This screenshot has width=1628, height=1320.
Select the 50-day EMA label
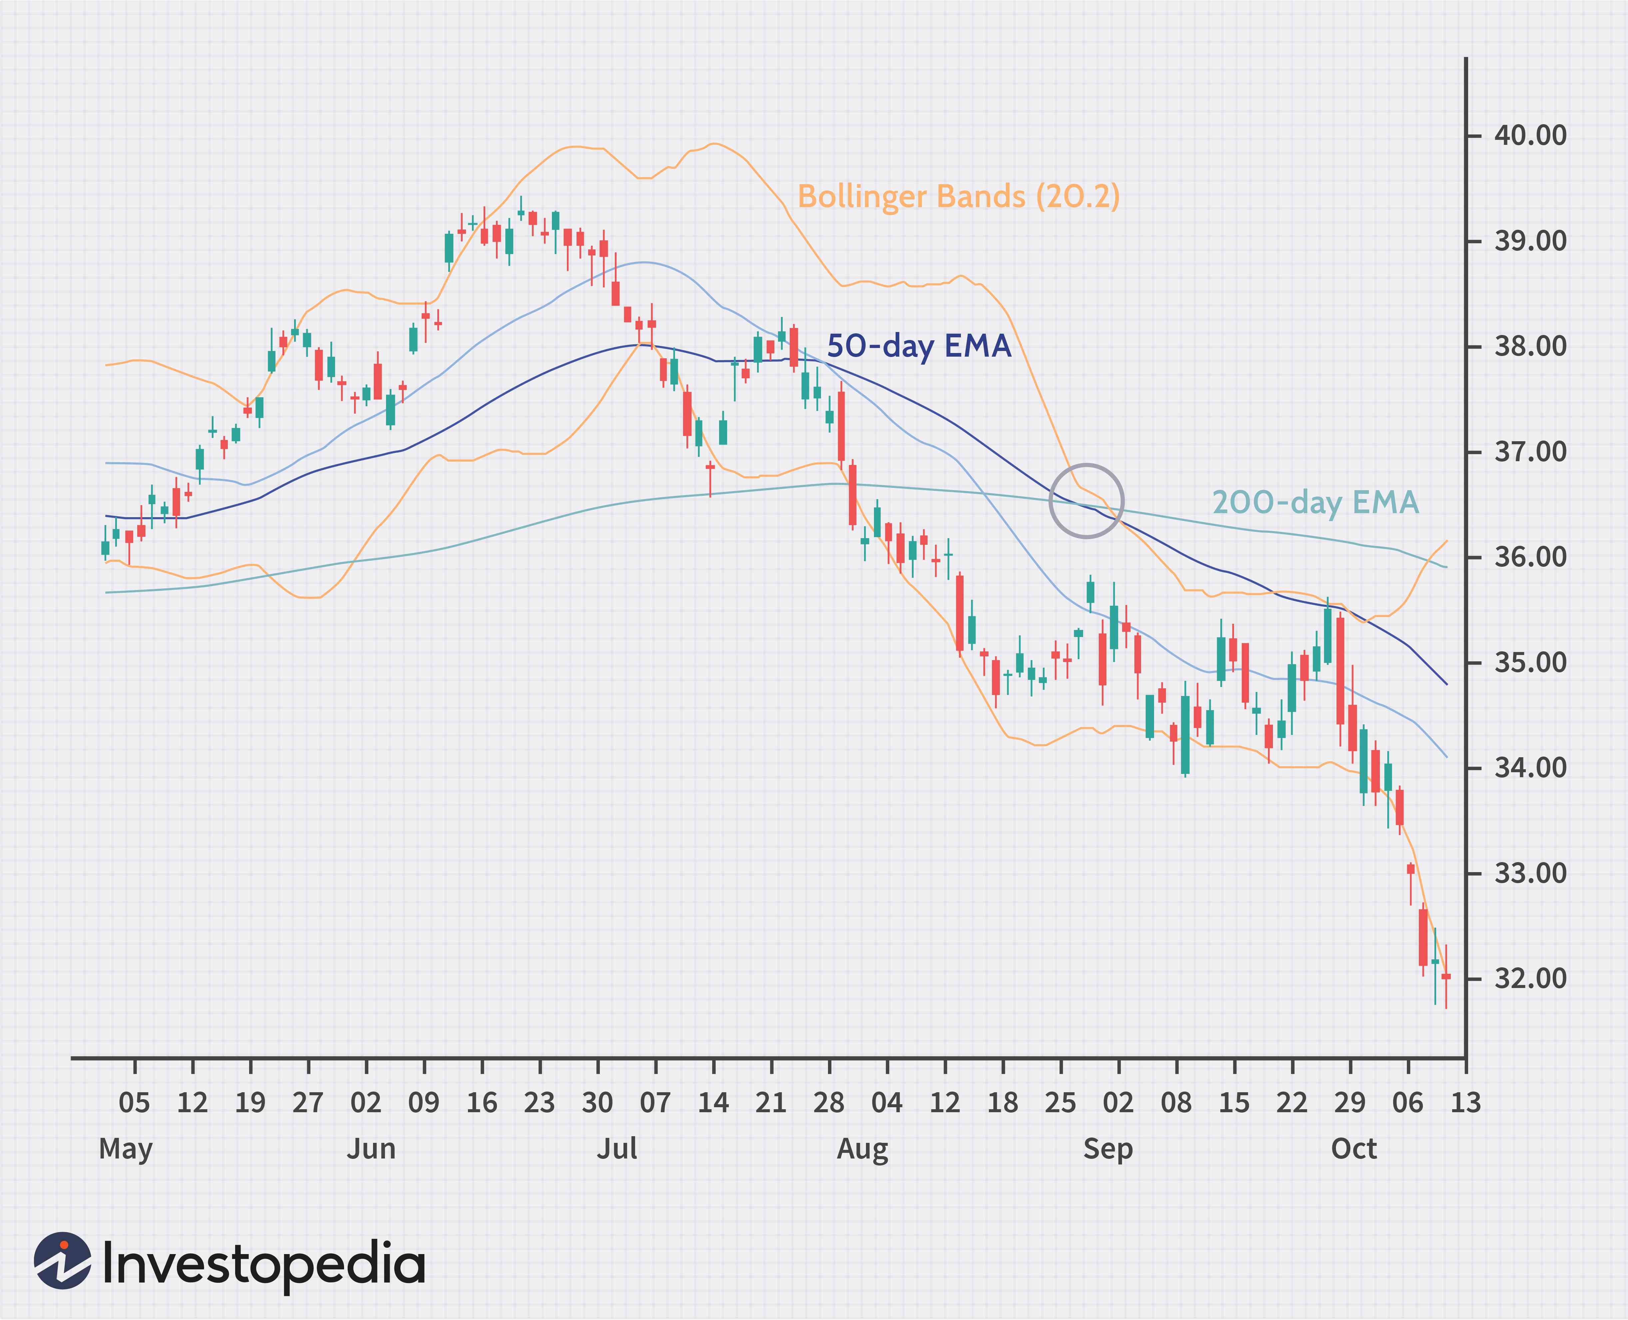(919, 346)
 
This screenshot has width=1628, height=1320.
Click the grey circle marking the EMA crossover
(1086, 501)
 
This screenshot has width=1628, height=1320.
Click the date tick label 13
(1465, 1103)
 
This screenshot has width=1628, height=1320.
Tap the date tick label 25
(1060, 1103)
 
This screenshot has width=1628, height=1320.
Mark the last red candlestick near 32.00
(1445, 976)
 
